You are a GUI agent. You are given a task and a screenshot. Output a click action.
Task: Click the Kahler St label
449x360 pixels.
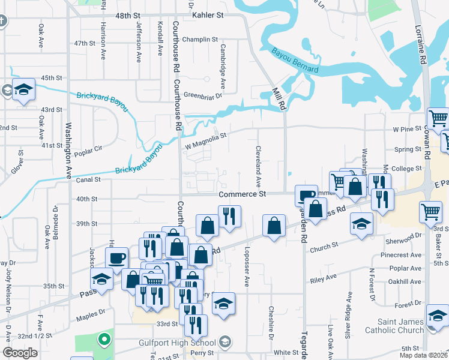click(x=207, y=14)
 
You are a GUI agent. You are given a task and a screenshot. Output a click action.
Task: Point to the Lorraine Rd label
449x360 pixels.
click(x=422, y=44)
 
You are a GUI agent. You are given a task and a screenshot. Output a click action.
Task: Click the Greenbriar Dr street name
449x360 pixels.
click(x=203, y=95)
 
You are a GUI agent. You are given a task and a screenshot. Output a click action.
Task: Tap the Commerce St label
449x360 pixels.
click(x=242, y=194)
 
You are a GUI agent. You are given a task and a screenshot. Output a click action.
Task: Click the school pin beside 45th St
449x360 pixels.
click(x=24, y=89)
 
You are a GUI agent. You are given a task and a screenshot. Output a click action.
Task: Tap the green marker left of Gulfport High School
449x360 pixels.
click(x=104, y=340)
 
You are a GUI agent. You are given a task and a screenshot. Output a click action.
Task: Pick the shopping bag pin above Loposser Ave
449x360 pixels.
click(x=274, y=226)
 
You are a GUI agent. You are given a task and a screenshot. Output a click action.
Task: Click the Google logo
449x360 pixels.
click(x=20, y=353)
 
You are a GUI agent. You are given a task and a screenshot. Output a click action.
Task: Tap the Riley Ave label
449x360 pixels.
click(x=323, y=280)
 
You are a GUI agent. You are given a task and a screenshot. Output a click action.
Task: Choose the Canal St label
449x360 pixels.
click(x=88, y=179)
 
